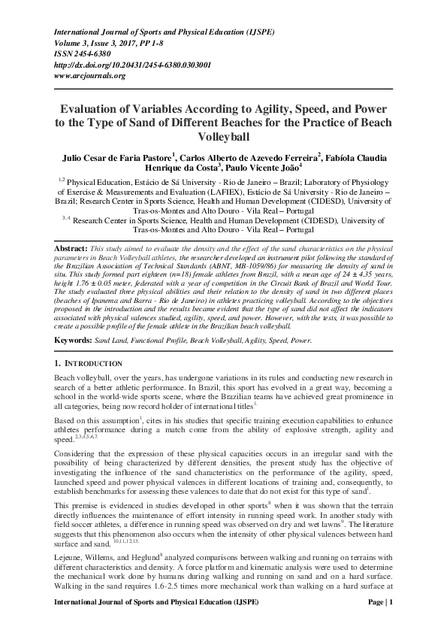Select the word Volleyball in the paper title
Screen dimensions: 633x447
(x=223, y=138)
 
